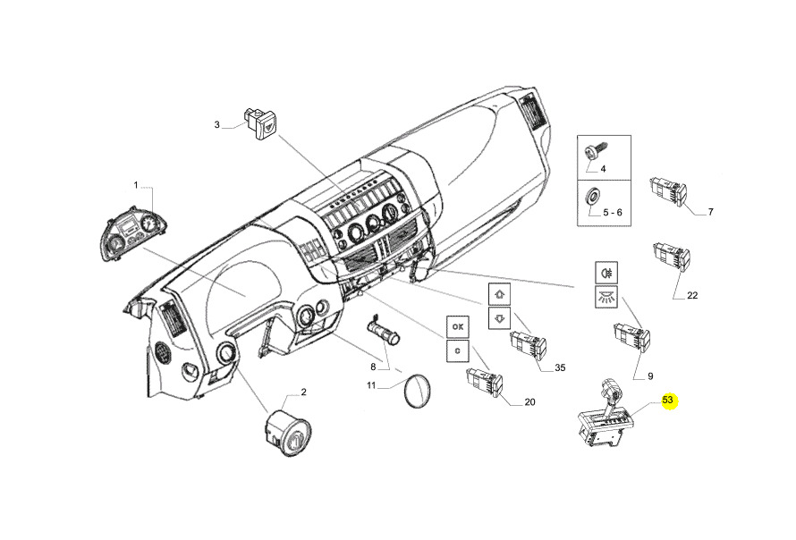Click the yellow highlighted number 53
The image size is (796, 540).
coord(667,400)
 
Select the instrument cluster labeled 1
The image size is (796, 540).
coord(134,234)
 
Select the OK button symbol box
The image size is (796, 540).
coord(458,327)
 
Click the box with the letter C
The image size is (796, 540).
coord(458,350)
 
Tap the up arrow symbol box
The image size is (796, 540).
coord(500,294)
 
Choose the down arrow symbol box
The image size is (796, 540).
coord(500,318)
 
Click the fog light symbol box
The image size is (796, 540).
coord(606,273)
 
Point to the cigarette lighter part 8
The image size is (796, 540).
coord(384,329)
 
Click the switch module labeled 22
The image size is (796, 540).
coord(671,255)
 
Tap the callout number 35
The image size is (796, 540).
coord(560,367)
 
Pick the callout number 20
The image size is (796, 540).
coord(529,402)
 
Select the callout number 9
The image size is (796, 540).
coord(650,376)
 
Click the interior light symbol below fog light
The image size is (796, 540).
coord(606,297)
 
